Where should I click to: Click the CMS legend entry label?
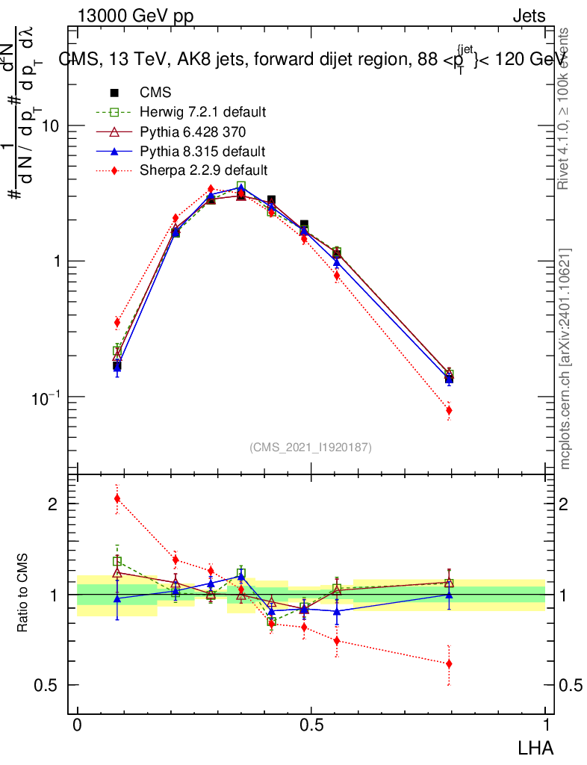155,93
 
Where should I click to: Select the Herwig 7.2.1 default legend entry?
202,112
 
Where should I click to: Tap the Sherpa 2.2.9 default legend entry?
203,170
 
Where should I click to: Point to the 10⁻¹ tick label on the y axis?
45,396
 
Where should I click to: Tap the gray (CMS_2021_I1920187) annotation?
311,447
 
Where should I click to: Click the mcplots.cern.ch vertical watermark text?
566,359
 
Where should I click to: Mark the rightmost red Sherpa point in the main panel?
449,410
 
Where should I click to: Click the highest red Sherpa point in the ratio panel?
117,498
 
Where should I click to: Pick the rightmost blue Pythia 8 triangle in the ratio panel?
449,595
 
